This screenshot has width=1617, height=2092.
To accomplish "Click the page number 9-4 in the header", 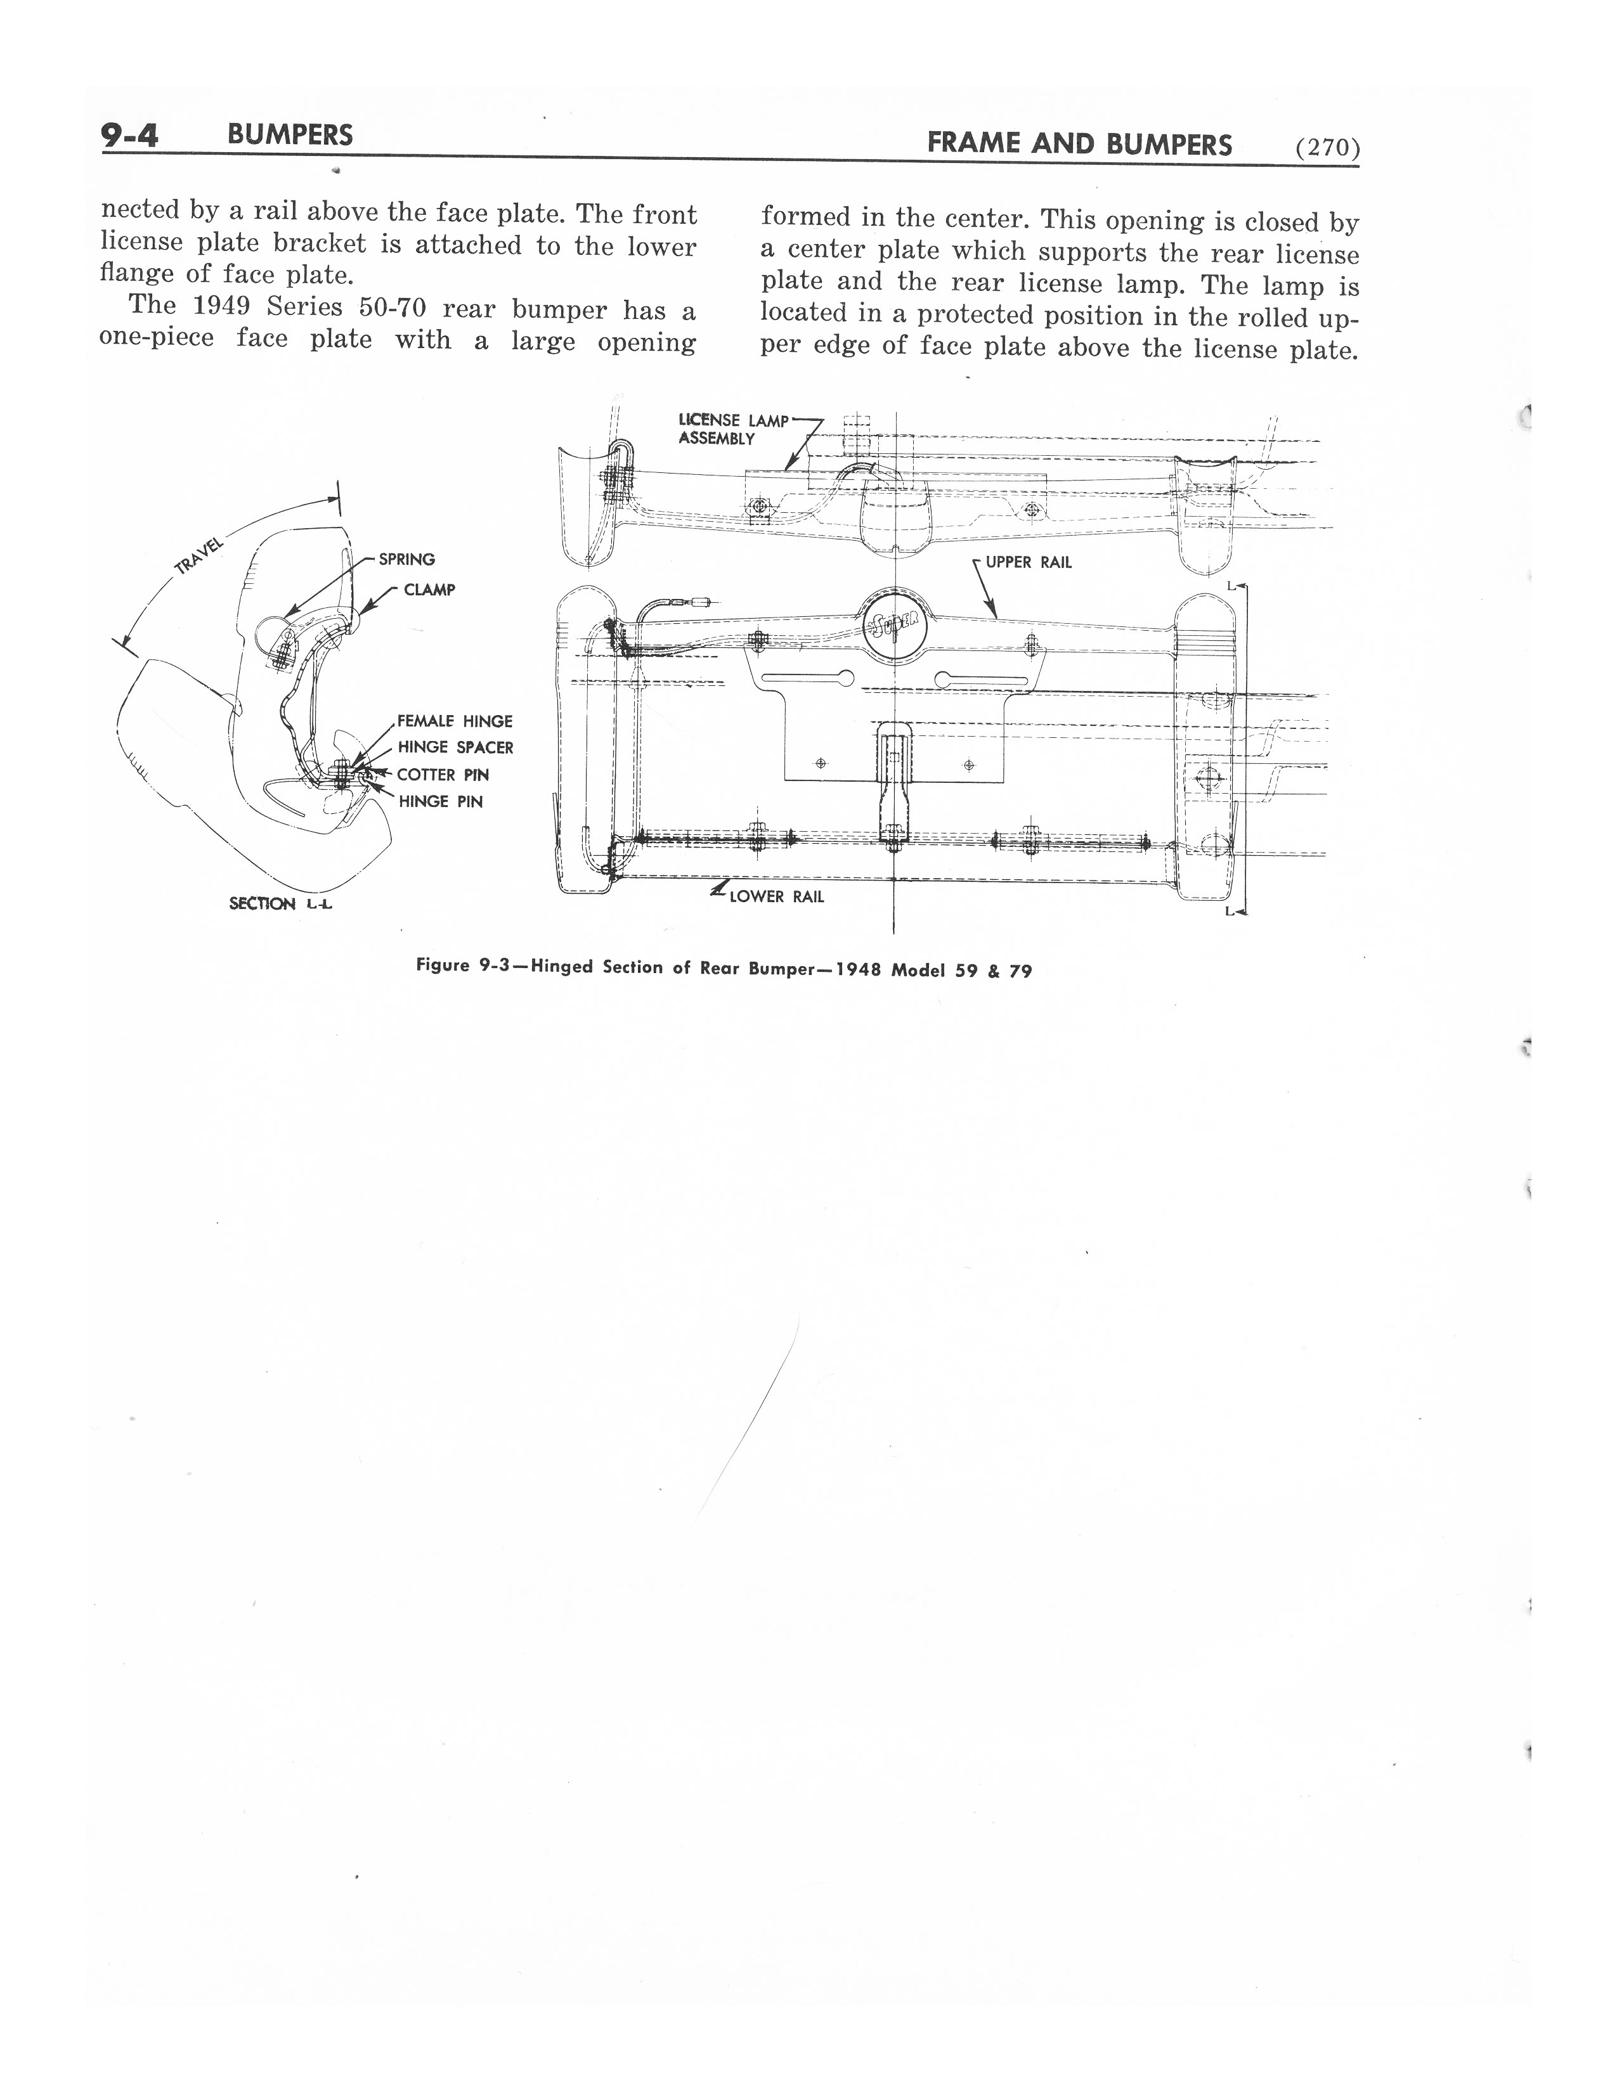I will click(129, 136).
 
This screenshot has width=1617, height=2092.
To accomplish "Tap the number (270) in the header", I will click(1327, 148).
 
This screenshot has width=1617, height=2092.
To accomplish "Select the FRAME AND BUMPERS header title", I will click(1080, 145).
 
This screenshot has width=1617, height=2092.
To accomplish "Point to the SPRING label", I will click(406, 559).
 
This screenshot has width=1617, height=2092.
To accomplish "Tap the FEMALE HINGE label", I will click(455, 721).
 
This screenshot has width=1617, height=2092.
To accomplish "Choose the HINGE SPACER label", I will click(455, 747).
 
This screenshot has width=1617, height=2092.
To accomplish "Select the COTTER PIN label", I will click(443, 774).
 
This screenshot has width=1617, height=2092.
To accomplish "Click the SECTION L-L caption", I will click(280, 903).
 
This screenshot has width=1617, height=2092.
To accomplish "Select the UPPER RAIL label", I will click(1028, 562).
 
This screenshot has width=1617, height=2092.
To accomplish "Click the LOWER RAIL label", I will click(776, 896).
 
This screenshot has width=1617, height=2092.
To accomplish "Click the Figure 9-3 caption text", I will click(724, 969).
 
